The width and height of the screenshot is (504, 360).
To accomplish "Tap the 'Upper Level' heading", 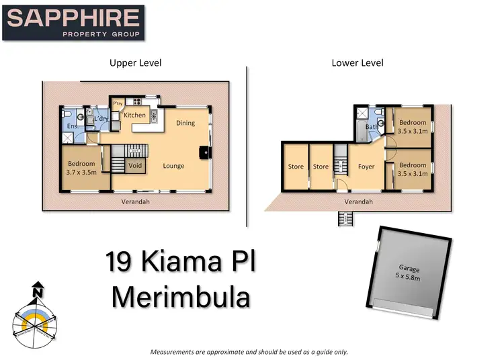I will click(x=136, y=63).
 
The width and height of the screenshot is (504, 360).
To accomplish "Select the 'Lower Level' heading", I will click(x=358, y=63).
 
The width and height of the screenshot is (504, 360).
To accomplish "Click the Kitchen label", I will click(x=134, y=116).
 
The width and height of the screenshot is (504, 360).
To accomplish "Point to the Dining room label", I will click(x=185, y=123).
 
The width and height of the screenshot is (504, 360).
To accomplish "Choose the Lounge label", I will click(x=173, y=166).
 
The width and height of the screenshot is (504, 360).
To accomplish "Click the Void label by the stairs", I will click(x=135, y=166).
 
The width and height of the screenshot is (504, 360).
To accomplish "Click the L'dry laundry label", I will click(x=101, y=120).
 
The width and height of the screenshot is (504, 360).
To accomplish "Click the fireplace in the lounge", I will click(x=203, y=152).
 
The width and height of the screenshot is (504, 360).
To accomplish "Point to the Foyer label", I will click(x=366, y=167).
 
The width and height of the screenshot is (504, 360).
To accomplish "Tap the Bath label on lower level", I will click(x=370, y=126).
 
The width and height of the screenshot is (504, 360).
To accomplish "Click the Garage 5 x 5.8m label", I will click(x=408, y=272).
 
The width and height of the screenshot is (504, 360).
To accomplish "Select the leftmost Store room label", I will click(x=296, y=167).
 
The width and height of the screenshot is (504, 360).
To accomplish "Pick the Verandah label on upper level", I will click(x=135, y=201).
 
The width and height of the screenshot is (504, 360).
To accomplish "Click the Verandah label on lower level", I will click(x=358, y=201).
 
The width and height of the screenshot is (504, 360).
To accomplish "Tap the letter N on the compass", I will click(x=38, y=292).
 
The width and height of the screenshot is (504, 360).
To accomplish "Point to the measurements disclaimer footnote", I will click(x=249, y=352).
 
